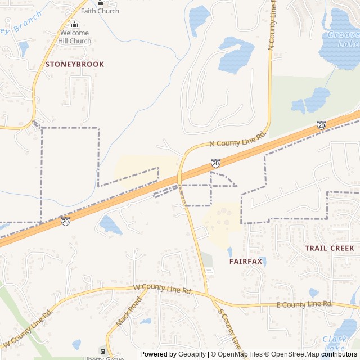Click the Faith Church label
point(100,11)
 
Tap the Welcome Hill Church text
point(75,37)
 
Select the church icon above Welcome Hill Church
point(75,24)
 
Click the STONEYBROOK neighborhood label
point(75,64)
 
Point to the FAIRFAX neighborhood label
point(244,262)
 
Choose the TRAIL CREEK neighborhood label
point(330,248)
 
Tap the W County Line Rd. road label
point(163,289)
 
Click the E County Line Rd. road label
point(304,304)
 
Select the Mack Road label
point(127,312)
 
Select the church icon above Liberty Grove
point(103,350)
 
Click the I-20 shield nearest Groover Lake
point(321,125)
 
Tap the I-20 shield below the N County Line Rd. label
point(215,163)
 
